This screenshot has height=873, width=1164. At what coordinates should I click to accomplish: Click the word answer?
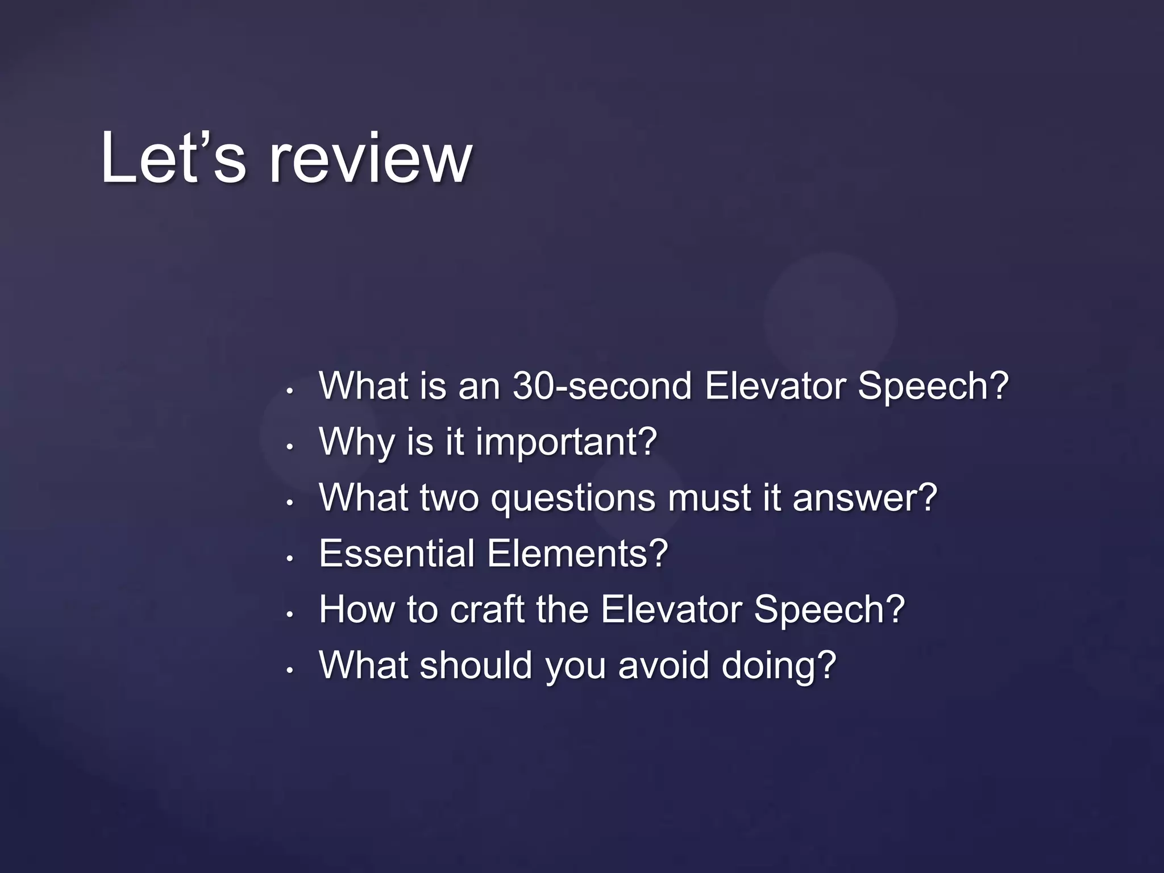pos(864,497)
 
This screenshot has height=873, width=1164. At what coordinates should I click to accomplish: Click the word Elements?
pos(577,553)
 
